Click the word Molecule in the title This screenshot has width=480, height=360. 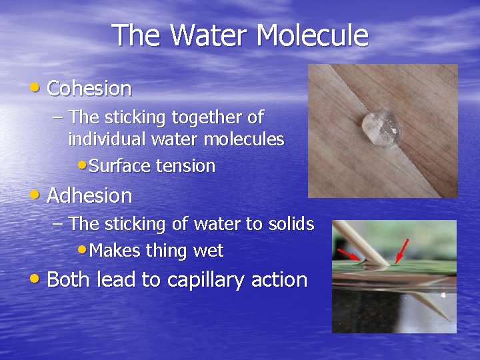click(314, 35)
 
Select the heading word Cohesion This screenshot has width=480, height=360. click(89, 88)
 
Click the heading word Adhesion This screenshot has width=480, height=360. click(89, 195)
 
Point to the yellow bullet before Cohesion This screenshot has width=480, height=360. click(35, 87)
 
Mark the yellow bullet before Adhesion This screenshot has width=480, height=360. click(35, 195)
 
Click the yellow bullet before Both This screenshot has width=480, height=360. click(35, 279)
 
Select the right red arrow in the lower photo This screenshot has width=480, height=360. click(401, 251)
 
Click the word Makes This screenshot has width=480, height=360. click(112, 251)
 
